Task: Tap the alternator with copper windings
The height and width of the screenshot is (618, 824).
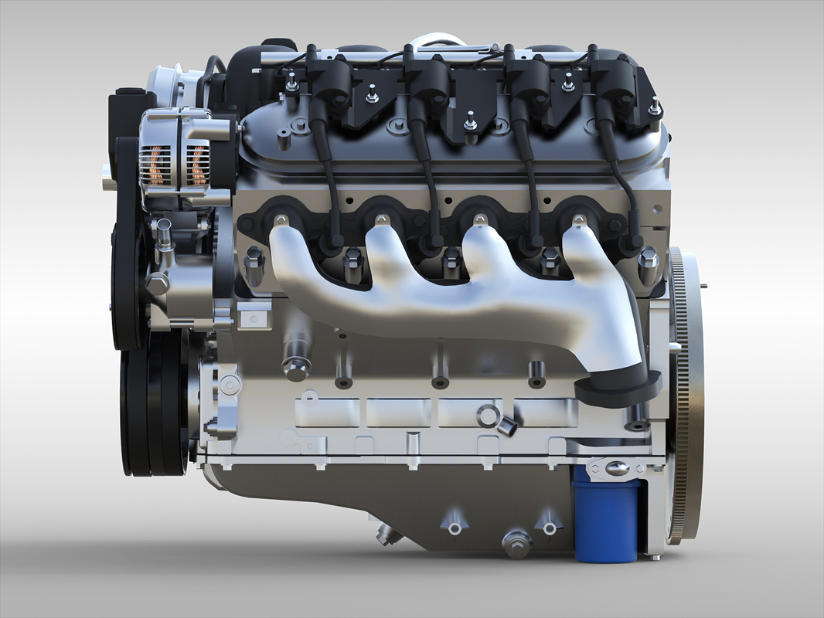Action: (x=176, y=159)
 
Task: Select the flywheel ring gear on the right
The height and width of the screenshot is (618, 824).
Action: (x=685, y=394)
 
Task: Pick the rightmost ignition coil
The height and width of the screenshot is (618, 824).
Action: (x=613, y=81)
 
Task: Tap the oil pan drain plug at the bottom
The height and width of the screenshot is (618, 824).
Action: (x=516, y=542)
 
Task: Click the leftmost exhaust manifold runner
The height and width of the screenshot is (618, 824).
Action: (x=290, y=255)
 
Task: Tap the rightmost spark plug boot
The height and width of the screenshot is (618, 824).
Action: (x=631, y=244)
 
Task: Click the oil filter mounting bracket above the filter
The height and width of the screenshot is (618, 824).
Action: (x=615, y=467)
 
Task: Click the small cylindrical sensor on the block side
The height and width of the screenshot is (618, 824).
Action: (x=506, y=425)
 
